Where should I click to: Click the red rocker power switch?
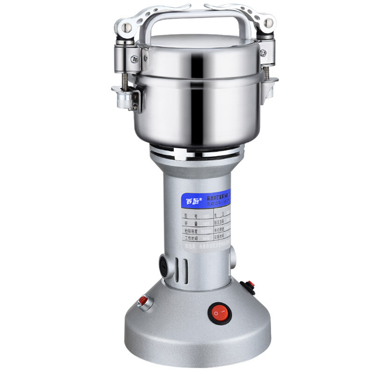220,313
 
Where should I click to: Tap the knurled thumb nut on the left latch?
123,99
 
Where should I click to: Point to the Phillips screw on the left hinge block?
134,59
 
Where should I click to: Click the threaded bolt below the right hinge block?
267,75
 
